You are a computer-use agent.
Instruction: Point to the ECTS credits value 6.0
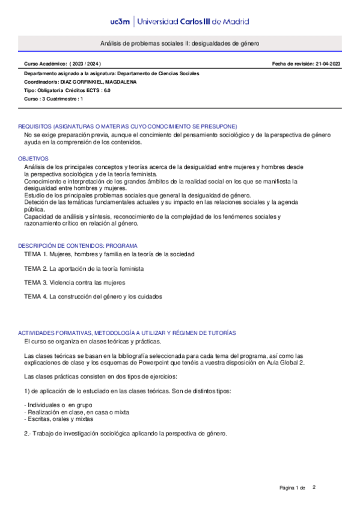point(106,90)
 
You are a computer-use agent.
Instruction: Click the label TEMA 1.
point(36,254)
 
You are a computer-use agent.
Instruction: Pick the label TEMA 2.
point(36,268)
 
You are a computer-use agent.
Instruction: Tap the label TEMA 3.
point(36,282)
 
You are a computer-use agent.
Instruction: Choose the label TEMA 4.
point(36,296)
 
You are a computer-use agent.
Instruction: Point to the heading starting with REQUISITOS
point(127,126)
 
